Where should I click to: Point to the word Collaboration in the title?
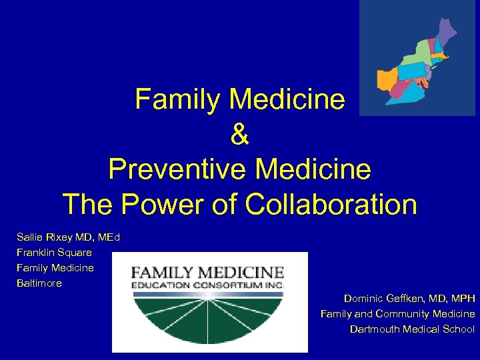click(x=331, y=204)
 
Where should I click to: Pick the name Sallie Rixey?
click(x=44, y=237)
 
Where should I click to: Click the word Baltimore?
click(x=39, y=283)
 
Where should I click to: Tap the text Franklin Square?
click(x=55, y=252)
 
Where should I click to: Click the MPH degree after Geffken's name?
click(x=463, y=298)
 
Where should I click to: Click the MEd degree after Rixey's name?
click(x=107, y=237)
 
